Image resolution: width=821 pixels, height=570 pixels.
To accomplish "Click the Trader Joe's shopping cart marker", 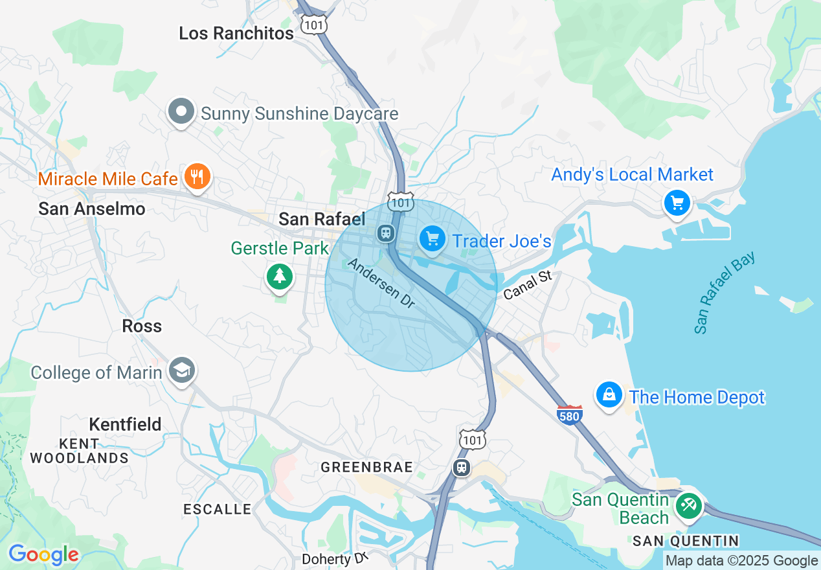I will [433, 240].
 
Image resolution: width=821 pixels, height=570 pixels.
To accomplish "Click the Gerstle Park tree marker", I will [279, 277].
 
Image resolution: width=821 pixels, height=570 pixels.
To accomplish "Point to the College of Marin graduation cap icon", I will [182, 370].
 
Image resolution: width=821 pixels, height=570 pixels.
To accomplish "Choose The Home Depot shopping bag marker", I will [609, 394].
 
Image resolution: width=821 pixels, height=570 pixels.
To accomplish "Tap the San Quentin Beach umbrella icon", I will [688, 505].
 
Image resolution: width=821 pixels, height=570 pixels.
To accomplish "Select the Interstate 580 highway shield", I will [569, 414].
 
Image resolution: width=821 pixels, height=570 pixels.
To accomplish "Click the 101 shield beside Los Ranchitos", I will [314, 25].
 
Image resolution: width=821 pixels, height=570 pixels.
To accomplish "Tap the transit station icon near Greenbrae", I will [461, 466].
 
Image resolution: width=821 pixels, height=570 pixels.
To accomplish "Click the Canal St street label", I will [527, 285].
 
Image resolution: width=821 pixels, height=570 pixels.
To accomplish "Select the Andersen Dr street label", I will [381, 284].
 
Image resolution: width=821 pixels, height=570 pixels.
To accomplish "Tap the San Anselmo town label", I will [92, 209].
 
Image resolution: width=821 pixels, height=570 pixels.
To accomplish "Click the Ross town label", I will [142, 326].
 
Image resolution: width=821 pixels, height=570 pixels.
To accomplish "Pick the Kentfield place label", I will [125, 424].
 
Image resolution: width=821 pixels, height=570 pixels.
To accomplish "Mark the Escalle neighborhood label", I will [217, 509].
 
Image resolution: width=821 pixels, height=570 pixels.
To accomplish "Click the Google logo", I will [43, 554].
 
